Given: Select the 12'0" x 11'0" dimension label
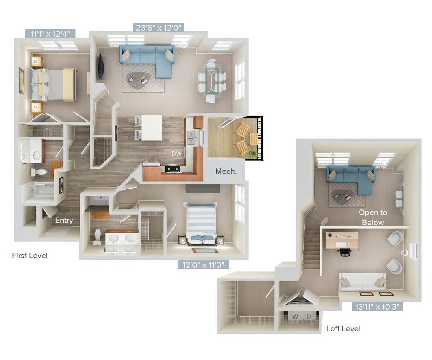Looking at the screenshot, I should coord(203,264).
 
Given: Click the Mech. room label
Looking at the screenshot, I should coord(226,171).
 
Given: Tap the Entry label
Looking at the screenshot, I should coord(64,221).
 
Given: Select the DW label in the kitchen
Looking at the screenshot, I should coord(177,154).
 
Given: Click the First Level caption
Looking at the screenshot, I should coord(30,255).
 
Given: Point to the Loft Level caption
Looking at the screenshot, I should coord(343,328).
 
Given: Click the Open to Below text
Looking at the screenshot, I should coord(373,217).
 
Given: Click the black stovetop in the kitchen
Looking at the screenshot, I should coord(173,168).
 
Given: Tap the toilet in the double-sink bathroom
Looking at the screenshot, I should coord(97,236).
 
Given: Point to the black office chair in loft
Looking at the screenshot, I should coord(344,251).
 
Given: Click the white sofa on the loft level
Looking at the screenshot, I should coord(363,281).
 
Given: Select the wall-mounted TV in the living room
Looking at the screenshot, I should coord(101,67).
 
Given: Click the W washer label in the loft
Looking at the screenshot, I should coord(295,316).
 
